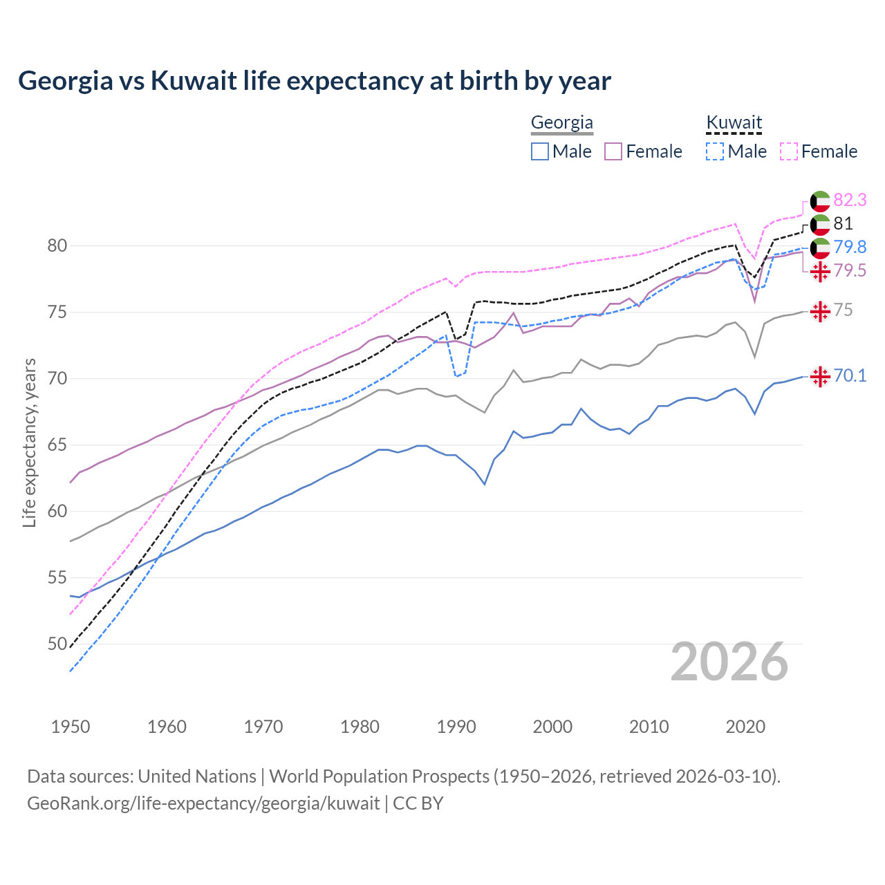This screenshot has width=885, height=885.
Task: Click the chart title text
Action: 315,81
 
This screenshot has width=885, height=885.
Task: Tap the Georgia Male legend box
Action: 540,151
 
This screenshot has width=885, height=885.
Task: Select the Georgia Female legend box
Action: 613,151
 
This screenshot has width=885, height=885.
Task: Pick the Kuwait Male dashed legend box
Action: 715,151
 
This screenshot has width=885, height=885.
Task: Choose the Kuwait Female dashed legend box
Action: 789,151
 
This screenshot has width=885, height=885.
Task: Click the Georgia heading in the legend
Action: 562,123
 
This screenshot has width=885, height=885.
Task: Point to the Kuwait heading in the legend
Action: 734,123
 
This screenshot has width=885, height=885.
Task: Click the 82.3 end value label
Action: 850,201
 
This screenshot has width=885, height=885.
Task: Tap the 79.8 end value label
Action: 850,248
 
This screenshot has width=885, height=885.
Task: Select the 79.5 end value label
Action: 850,271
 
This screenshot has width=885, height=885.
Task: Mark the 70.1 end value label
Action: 850,376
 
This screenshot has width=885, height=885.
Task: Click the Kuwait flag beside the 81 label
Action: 820,224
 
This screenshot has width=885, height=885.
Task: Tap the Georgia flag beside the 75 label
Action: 820,311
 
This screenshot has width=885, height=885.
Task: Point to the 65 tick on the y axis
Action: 57,445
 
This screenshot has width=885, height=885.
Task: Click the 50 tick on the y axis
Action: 57,644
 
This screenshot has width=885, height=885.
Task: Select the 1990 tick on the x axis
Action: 456,727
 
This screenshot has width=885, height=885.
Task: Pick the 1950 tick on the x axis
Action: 71,727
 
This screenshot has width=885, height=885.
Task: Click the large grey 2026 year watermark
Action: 729,662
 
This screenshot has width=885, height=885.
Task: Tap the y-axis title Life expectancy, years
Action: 29,442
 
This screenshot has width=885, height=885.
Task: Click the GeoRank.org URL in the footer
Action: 203,803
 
